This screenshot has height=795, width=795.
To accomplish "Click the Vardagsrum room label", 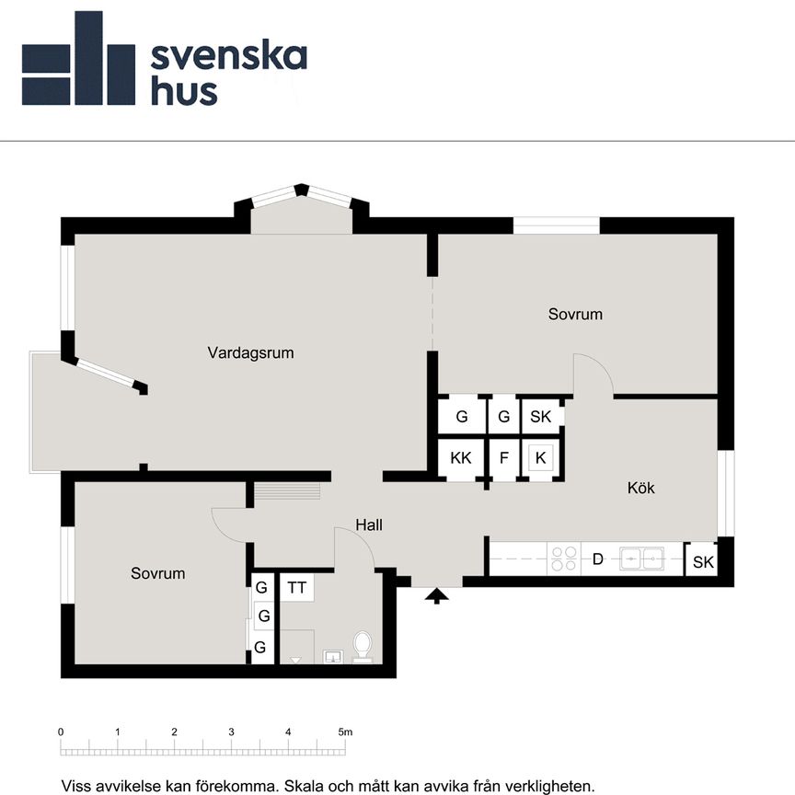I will pos(250,352).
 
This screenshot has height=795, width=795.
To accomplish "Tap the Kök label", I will pos(641,488).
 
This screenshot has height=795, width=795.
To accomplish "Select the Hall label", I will pos(369,525).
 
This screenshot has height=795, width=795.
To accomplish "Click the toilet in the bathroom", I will pos(363,646).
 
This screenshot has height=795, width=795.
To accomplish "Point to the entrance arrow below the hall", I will pos(437,595).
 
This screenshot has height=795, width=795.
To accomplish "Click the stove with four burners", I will pos(563,558).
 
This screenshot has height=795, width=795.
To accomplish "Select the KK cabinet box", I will pos(461,457).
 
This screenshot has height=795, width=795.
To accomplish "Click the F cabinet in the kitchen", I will pos(503,457).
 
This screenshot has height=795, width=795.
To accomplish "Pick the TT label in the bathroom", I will pos(296,586).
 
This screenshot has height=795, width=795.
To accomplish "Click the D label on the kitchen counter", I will pos(597,558).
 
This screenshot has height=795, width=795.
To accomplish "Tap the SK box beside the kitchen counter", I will pos(702,562).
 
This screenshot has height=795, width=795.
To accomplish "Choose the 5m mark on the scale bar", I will pos(345,732).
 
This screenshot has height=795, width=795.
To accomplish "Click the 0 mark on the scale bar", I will pos(61,732).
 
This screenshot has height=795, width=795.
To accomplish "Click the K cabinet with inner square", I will pos(540,457).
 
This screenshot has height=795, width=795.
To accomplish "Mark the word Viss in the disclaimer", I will pos(77,786).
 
